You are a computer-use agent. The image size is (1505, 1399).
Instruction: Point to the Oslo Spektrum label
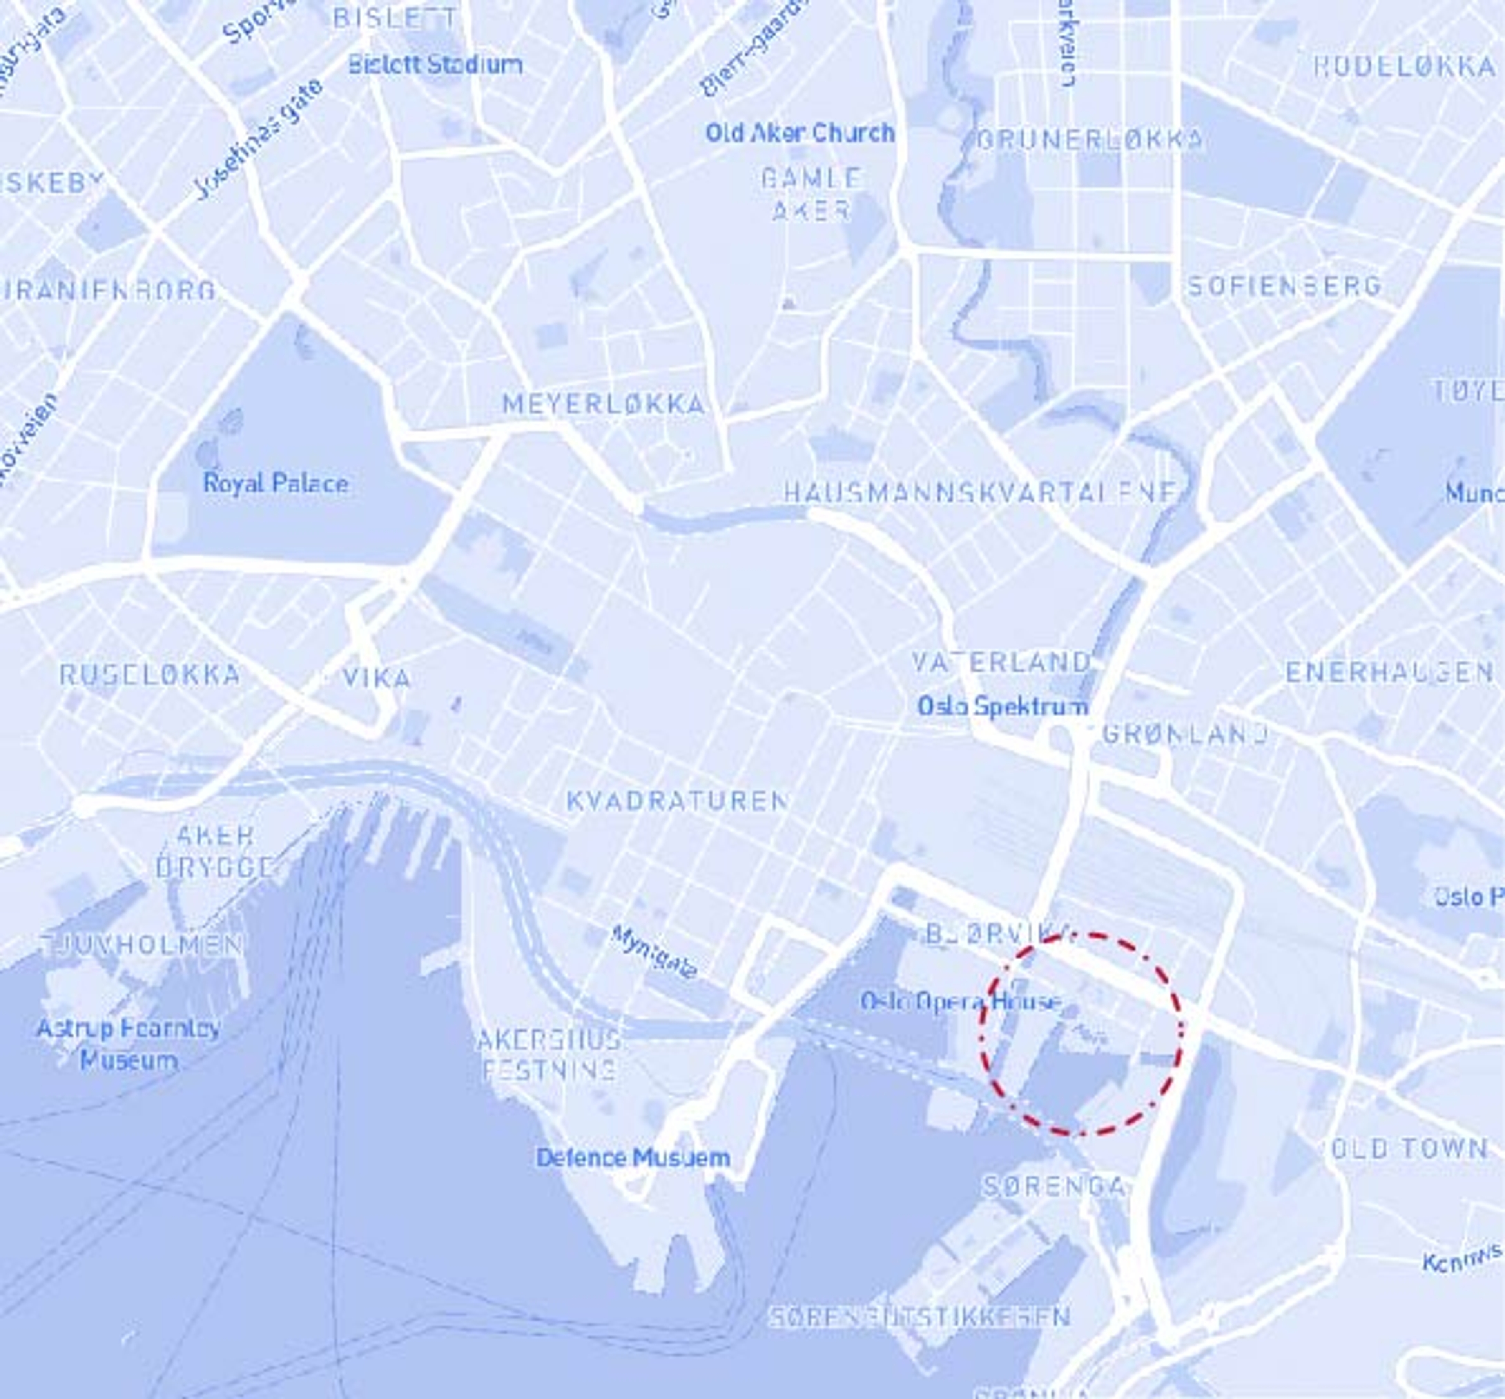[1003, 706]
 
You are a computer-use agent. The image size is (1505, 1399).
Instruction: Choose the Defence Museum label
[633, 1157]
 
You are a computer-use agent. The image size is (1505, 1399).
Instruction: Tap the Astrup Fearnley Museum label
[129, 1044]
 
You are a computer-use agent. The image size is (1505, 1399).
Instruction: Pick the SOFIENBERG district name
[1285, 286]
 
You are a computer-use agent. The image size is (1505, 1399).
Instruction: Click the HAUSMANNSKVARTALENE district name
[980, 494]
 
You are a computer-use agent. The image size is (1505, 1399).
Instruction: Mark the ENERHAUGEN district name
[1389, 672]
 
